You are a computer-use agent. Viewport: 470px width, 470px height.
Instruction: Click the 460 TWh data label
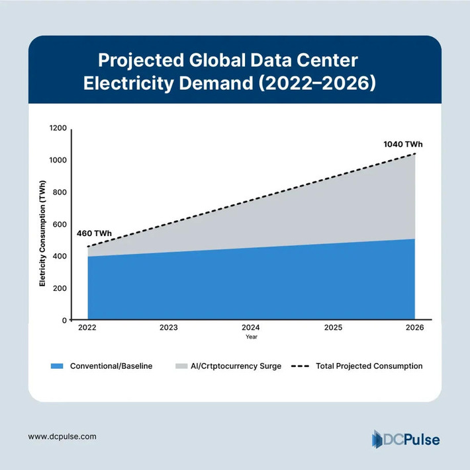(x=95, y=234)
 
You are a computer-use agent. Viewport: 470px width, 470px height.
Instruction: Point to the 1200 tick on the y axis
(x=58, y=128)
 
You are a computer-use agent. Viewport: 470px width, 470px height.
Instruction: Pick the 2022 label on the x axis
(x=87, y=328)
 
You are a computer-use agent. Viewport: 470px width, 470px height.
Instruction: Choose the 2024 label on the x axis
(x=251, y=328)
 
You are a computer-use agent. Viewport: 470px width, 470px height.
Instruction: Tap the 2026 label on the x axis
(x=415, y=328)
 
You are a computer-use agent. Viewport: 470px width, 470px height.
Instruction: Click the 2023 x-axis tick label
(x=169, y=328)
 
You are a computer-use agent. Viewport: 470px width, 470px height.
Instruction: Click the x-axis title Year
(x=251, y=337)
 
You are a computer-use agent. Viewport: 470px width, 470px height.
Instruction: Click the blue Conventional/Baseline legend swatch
(x=57, y=366)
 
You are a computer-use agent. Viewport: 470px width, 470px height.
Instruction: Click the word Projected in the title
(x=140, y=61)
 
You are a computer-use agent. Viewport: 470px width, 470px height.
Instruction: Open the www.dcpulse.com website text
(x=63, y=436)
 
